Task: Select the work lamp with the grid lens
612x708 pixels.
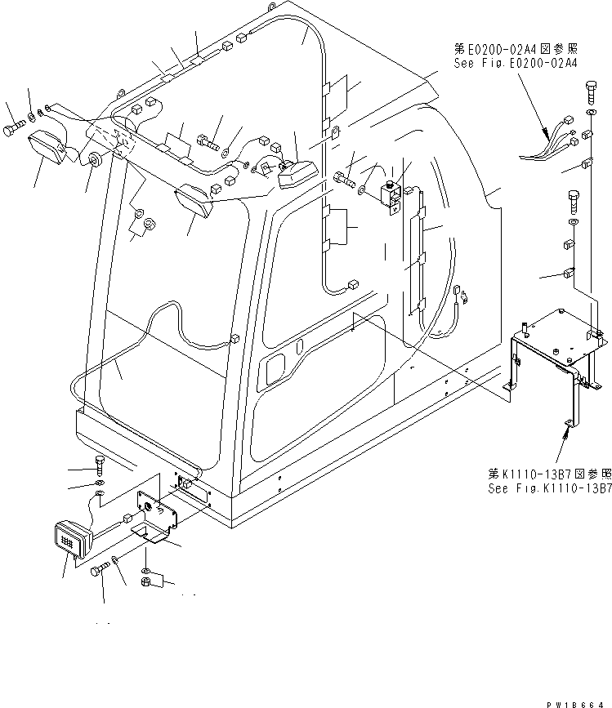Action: pos(70,540)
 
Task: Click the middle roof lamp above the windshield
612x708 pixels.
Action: pos(195,202)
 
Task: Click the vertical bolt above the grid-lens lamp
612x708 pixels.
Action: pos(99,466)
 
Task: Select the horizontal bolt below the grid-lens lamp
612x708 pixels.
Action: pos(101,571)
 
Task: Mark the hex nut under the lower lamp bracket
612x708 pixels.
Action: pos(145,584)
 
